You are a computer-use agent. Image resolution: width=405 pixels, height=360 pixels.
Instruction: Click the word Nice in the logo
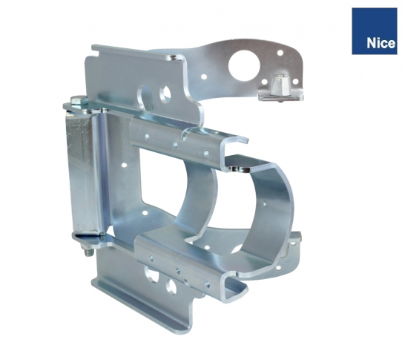coord(381,43)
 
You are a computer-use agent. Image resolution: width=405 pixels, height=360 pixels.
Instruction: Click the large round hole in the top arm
coord(242,65)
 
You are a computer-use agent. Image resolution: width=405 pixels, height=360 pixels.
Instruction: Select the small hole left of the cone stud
coord(264,82)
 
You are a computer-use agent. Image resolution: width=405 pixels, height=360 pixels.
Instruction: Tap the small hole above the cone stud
coord(280,53)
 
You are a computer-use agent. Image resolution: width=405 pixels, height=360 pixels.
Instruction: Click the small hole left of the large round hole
coord(204,76)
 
